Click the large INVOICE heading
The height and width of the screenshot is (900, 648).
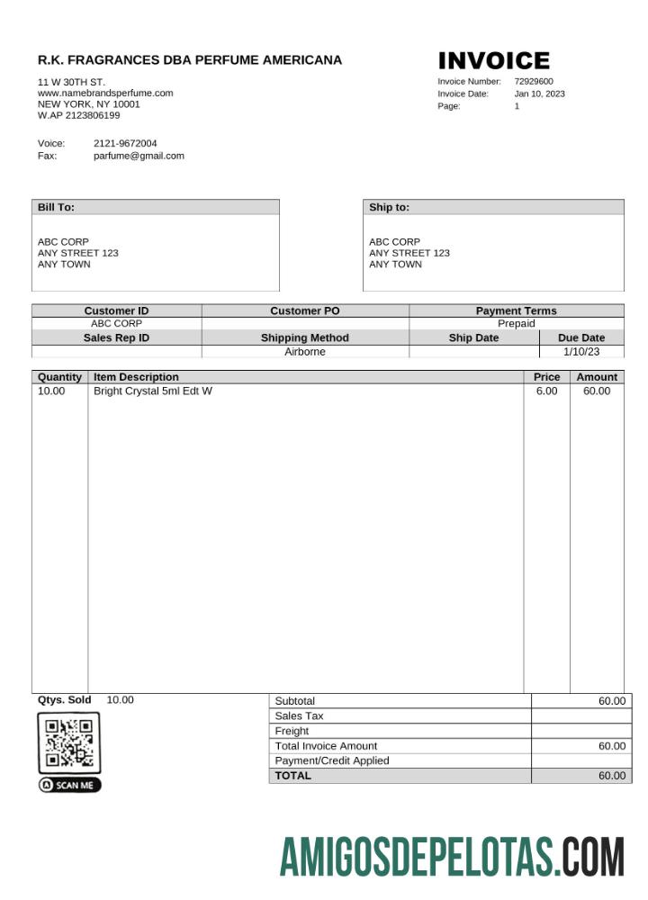[x=493, y=61]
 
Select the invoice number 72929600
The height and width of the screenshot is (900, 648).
[x=534, y=82]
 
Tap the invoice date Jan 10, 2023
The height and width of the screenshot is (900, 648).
[x=539, y=94]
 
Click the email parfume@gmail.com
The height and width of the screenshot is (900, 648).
[x=139, y=156]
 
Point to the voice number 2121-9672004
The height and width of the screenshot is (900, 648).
[x=125, y=144]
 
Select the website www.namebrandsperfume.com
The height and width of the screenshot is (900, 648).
[x=105, y=93]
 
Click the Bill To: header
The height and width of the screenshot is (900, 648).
[x=56, y=207]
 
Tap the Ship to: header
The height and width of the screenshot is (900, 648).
[x=389, y=207]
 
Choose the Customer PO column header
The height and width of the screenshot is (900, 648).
[x=305, y=311]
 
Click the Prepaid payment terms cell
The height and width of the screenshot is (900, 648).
[x=517, y=324]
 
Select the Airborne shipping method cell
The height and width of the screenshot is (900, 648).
[x=305, y=352]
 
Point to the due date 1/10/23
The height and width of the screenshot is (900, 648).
[x=581, y=352]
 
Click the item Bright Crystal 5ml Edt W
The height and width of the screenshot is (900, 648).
[x=153, y=391]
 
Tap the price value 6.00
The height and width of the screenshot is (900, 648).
[x=546, y=391]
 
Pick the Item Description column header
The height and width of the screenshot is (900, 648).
[x=137, y=377]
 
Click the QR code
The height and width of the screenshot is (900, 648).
[x=69, y=742]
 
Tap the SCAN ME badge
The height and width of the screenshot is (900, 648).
[x=70, y=786]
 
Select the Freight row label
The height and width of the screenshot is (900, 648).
[x=292, y=732]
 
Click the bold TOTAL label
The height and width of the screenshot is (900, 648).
[x=292, y=776]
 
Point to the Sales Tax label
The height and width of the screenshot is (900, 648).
[x=299, y=716]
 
